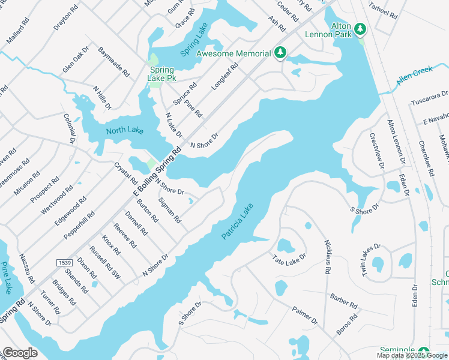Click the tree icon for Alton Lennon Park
tap(360, 28)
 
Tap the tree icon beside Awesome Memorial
tap(280, 54)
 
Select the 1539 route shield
tap(64, 263)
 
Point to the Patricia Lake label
tap(238, 221)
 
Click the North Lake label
tap(125, 130)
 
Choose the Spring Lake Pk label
tap(162, 74)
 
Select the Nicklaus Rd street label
tap(328, 257)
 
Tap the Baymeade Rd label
tap(114, 62)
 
